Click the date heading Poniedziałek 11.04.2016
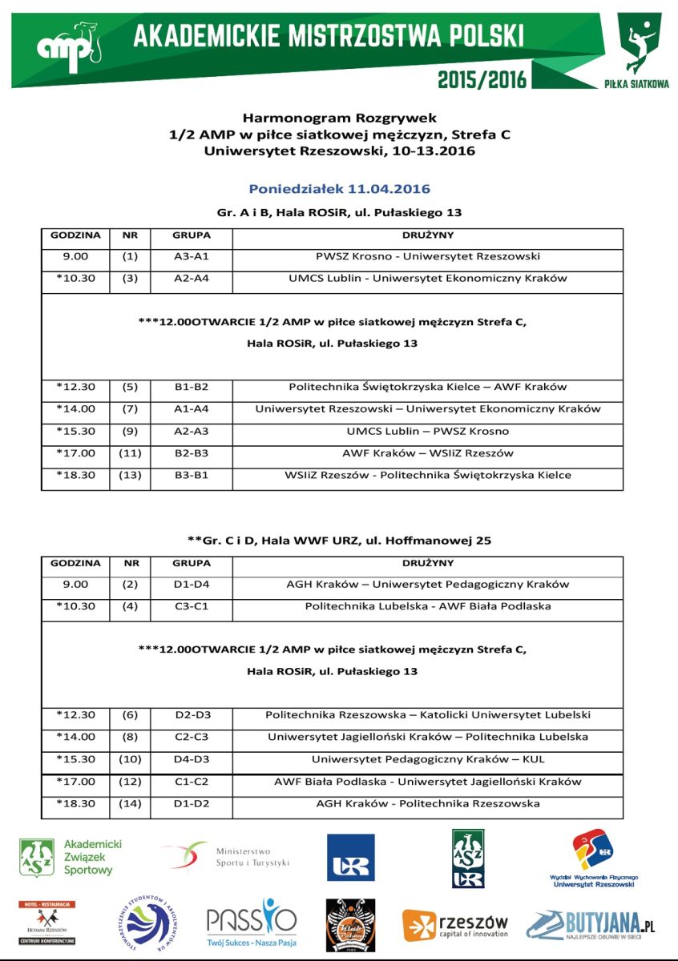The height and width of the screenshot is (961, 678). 339,189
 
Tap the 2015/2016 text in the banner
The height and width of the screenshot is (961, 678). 482,78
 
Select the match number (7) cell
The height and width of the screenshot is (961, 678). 130,409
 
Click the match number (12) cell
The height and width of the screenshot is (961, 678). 130,782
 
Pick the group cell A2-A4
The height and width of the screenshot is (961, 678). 192,279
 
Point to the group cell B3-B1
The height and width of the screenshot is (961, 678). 192,475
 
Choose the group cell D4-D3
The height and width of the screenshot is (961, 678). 192,759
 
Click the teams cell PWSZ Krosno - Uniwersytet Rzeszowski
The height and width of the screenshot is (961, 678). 428,257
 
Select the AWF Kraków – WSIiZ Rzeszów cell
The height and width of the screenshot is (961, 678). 428,453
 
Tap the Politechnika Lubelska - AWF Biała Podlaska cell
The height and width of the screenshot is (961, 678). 428,606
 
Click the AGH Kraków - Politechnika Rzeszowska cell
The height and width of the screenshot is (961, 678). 428,803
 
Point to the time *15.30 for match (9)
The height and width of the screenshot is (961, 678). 75,431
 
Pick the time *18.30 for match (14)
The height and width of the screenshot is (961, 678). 75,803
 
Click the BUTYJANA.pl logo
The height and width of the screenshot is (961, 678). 591,926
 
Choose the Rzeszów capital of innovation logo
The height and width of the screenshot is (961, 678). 455,925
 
